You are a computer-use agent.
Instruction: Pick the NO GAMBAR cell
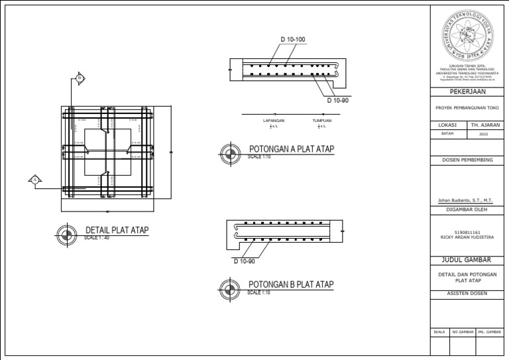(x=463, y=331)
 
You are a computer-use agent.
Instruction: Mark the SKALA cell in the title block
(x=439, y=331)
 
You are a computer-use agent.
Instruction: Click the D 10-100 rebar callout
(x=293, y=40)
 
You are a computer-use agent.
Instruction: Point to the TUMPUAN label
(x=322, y=121)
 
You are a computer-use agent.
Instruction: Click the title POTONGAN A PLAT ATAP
(x=291, y=149)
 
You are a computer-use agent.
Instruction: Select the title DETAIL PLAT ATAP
(x=117, y=231)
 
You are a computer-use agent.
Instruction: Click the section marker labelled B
(x=80, y=78)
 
